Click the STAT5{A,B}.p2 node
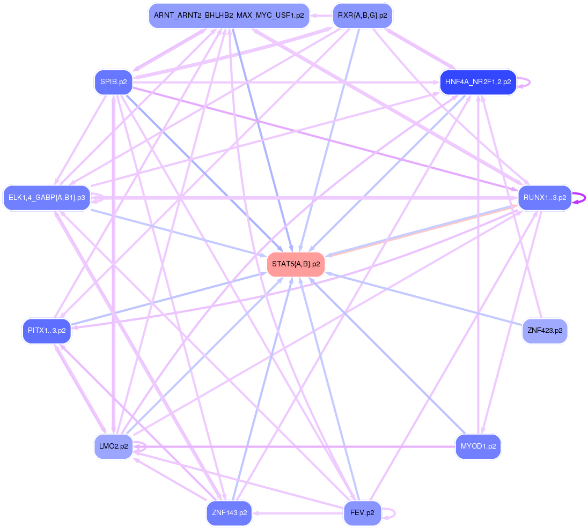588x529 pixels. (296, 264)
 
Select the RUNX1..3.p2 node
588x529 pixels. (545, 198)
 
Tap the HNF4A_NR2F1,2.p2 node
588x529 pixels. (477, 83)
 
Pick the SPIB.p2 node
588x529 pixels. (113, 82)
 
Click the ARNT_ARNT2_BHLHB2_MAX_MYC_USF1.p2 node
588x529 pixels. (229, 16)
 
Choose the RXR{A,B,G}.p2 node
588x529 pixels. (362, 16)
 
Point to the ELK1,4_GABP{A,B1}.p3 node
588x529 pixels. (47, 198)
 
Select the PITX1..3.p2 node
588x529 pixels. (47, 331)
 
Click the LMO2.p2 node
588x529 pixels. (113, 446)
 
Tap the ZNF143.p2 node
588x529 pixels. (229, 513)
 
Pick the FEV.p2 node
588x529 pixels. (362, 513)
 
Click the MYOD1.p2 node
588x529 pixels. (477, 446)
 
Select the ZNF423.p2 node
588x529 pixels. (545, 331)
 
